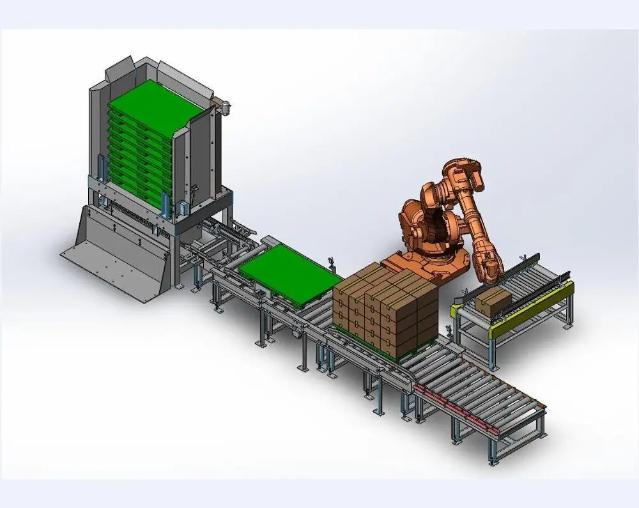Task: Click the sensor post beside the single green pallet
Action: (x=331, y=263)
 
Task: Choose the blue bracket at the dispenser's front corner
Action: (x=167, y=204)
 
